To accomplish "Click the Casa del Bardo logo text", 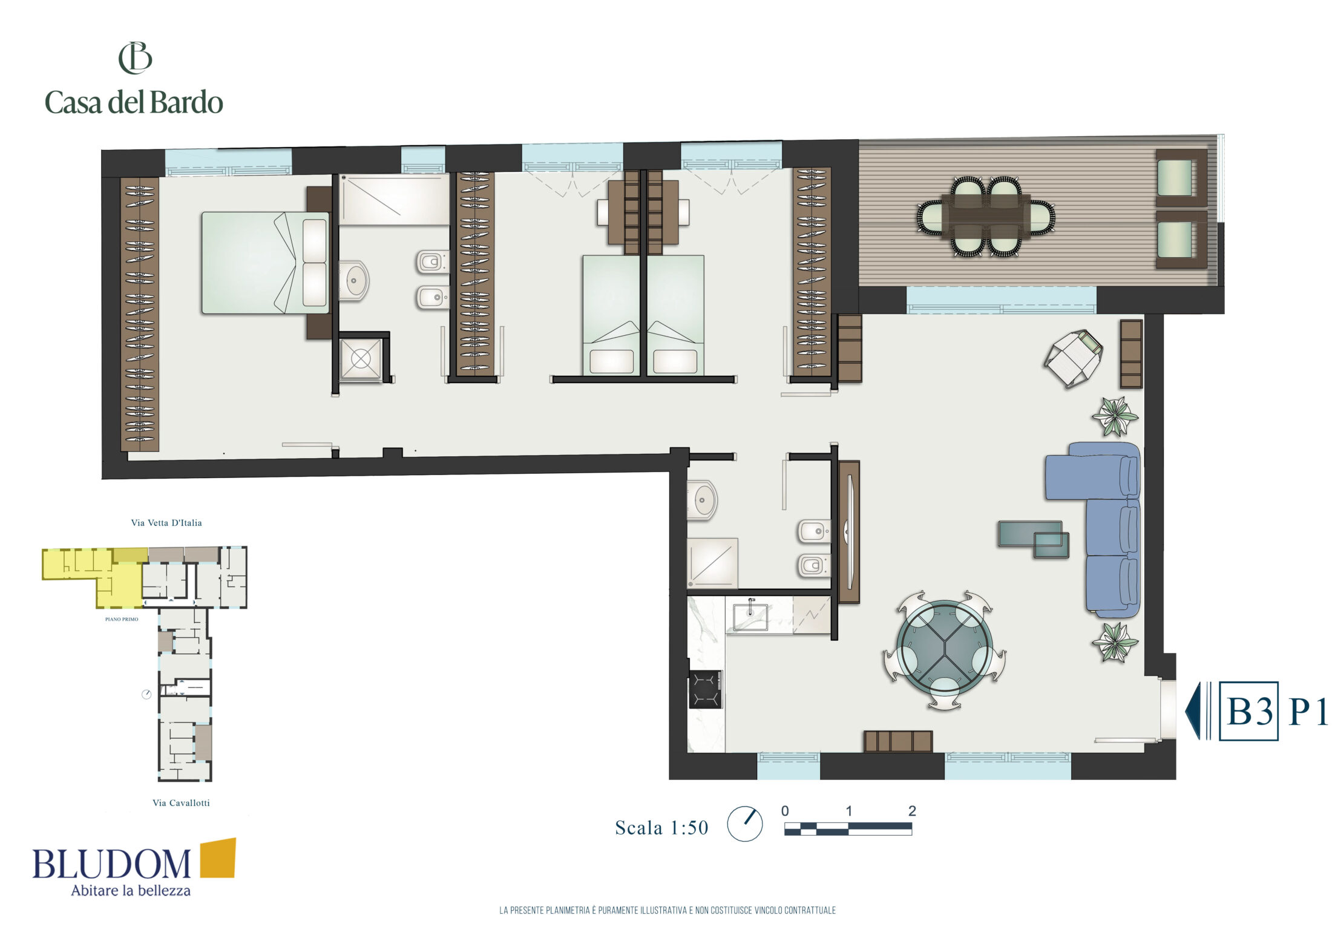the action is click(134, 102).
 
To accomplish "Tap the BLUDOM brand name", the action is click(111, 864).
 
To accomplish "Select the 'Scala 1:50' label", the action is click(661, 828).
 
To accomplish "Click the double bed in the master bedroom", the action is click(265, 263).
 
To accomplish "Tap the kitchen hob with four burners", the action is click(705, 689).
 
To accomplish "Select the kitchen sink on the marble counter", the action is click(750, 616).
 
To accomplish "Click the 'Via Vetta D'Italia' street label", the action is click(166, 523).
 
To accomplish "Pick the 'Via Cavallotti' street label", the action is click(181, 803).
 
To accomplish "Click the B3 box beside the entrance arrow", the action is click(1248, 711).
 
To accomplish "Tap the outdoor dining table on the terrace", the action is click(986, 216).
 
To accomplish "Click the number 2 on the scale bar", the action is click(912, 811).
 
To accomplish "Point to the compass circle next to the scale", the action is click(744, 824).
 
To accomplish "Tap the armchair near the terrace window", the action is click(1072, 358).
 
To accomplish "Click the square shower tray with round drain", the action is click(361, 359).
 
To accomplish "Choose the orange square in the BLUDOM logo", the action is click(218, 857).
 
